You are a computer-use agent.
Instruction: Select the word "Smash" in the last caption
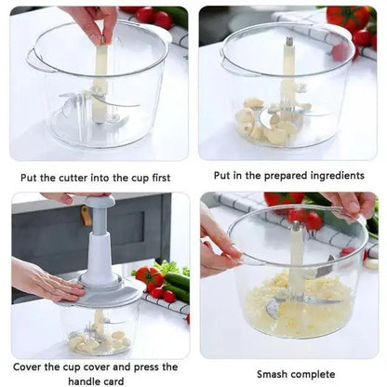coord(275,374)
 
